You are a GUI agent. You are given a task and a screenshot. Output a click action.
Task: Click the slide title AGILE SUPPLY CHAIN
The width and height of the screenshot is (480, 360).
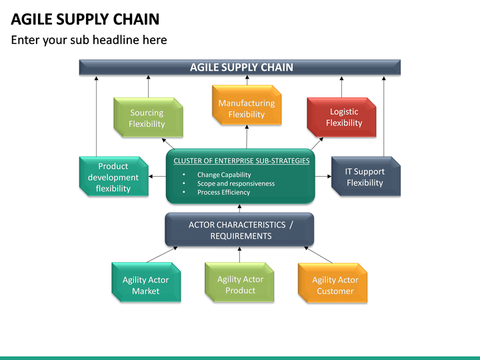point(85,19)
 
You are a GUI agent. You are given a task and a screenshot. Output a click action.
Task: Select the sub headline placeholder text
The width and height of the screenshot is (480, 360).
point(89,40)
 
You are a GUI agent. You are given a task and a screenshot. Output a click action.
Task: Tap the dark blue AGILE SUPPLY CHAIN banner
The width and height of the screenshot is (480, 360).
point(241,67)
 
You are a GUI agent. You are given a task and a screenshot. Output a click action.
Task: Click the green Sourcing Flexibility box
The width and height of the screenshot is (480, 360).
point(147,118)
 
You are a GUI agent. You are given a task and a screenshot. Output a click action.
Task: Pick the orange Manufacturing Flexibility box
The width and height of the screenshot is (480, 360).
point(246,109)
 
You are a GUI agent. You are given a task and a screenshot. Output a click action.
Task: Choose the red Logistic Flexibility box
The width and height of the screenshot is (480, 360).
point(343,117)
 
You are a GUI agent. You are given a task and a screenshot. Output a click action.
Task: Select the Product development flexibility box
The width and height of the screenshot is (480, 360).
point(113,177)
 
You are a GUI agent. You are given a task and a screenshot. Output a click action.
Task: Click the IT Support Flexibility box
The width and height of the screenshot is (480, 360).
point(365,177)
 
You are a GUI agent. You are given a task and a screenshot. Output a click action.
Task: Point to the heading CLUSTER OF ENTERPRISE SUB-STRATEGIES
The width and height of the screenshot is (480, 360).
point(241,161)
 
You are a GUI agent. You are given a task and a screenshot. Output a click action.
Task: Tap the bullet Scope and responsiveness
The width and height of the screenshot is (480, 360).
point(235,183)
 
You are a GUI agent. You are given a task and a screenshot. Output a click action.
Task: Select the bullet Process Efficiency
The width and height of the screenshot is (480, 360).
point(223,192)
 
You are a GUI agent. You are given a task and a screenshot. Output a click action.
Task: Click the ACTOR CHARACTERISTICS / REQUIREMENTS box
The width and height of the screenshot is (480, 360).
point(240,230)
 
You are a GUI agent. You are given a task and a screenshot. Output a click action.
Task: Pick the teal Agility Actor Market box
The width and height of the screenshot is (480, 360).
point(145,285)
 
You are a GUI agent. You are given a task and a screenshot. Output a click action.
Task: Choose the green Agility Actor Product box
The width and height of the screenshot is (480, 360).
point(240,285)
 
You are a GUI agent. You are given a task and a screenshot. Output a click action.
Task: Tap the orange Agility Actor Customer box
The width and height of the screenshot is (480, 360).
point(335,285)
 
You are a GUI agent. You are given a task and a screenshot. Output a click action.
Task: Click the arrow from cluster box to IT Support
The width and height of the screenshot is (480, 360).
point(323,176)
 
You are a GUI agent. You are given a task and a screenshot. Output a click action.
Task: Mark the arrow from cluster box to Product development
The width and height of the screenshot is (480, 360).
point(157,177)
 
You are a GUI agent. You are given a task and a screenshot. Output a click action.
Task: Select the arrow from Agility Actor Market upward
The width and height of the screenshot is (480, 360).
point(162,255)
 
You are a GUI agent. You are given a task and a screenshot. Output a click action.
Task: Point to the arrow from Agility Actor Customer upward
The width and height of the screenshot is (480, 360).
point(319,255)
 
